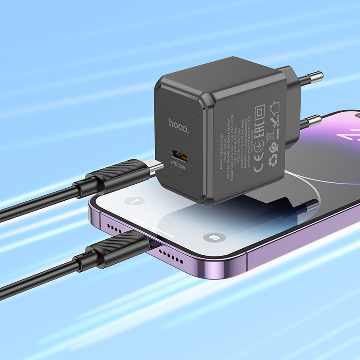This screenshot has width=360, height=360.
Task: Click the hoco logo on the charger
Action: pos(179,122)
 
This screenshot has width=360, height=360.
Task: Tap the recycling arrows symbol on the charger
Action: pos(273,161)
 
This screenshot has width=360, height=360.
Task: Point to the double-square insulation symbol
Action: pos(260,111)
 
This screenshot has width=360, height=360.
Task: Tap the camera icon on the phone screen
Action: pos(210,238)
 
